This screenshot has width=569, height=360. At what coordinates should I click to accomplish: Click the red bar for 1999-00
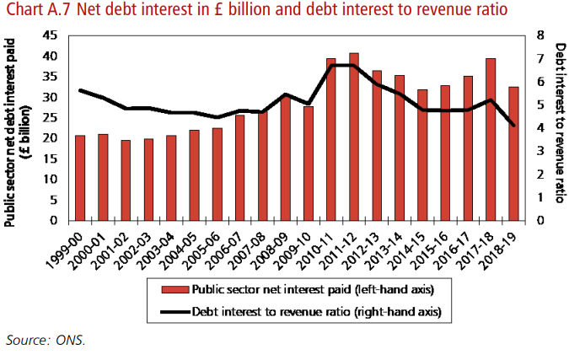pos(80,178)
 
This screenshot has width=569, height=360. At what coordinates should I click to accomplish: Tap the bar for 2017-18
pos(491,139)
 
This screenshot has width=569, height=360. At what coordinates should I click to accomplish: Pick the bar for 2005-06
pos(217,174)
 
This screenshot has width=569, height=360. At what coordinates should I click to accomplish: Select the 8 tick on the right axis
pos(539,35)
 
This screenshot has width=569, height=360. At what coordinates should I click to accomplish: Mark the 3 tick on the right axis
pos(539,151)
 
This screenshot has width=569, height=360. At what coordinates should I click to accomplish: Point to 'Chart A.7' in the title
pos(31,11)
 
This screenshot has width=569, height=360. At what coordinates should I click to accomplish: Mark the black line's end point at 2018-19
pos(513,126)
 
